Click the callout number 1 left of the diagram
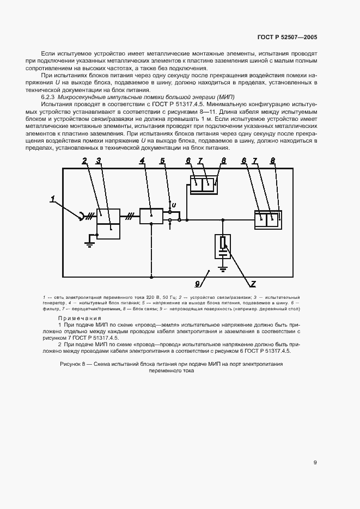coord(53,200)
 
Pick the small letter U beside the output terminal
coord(174,205)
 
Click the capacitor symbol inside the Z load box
coord(223,252)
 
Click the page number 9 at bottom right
coord(315,462)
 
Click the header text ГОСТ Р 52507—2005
coord(287,37)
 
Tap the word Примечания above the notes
coord(80,318)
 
